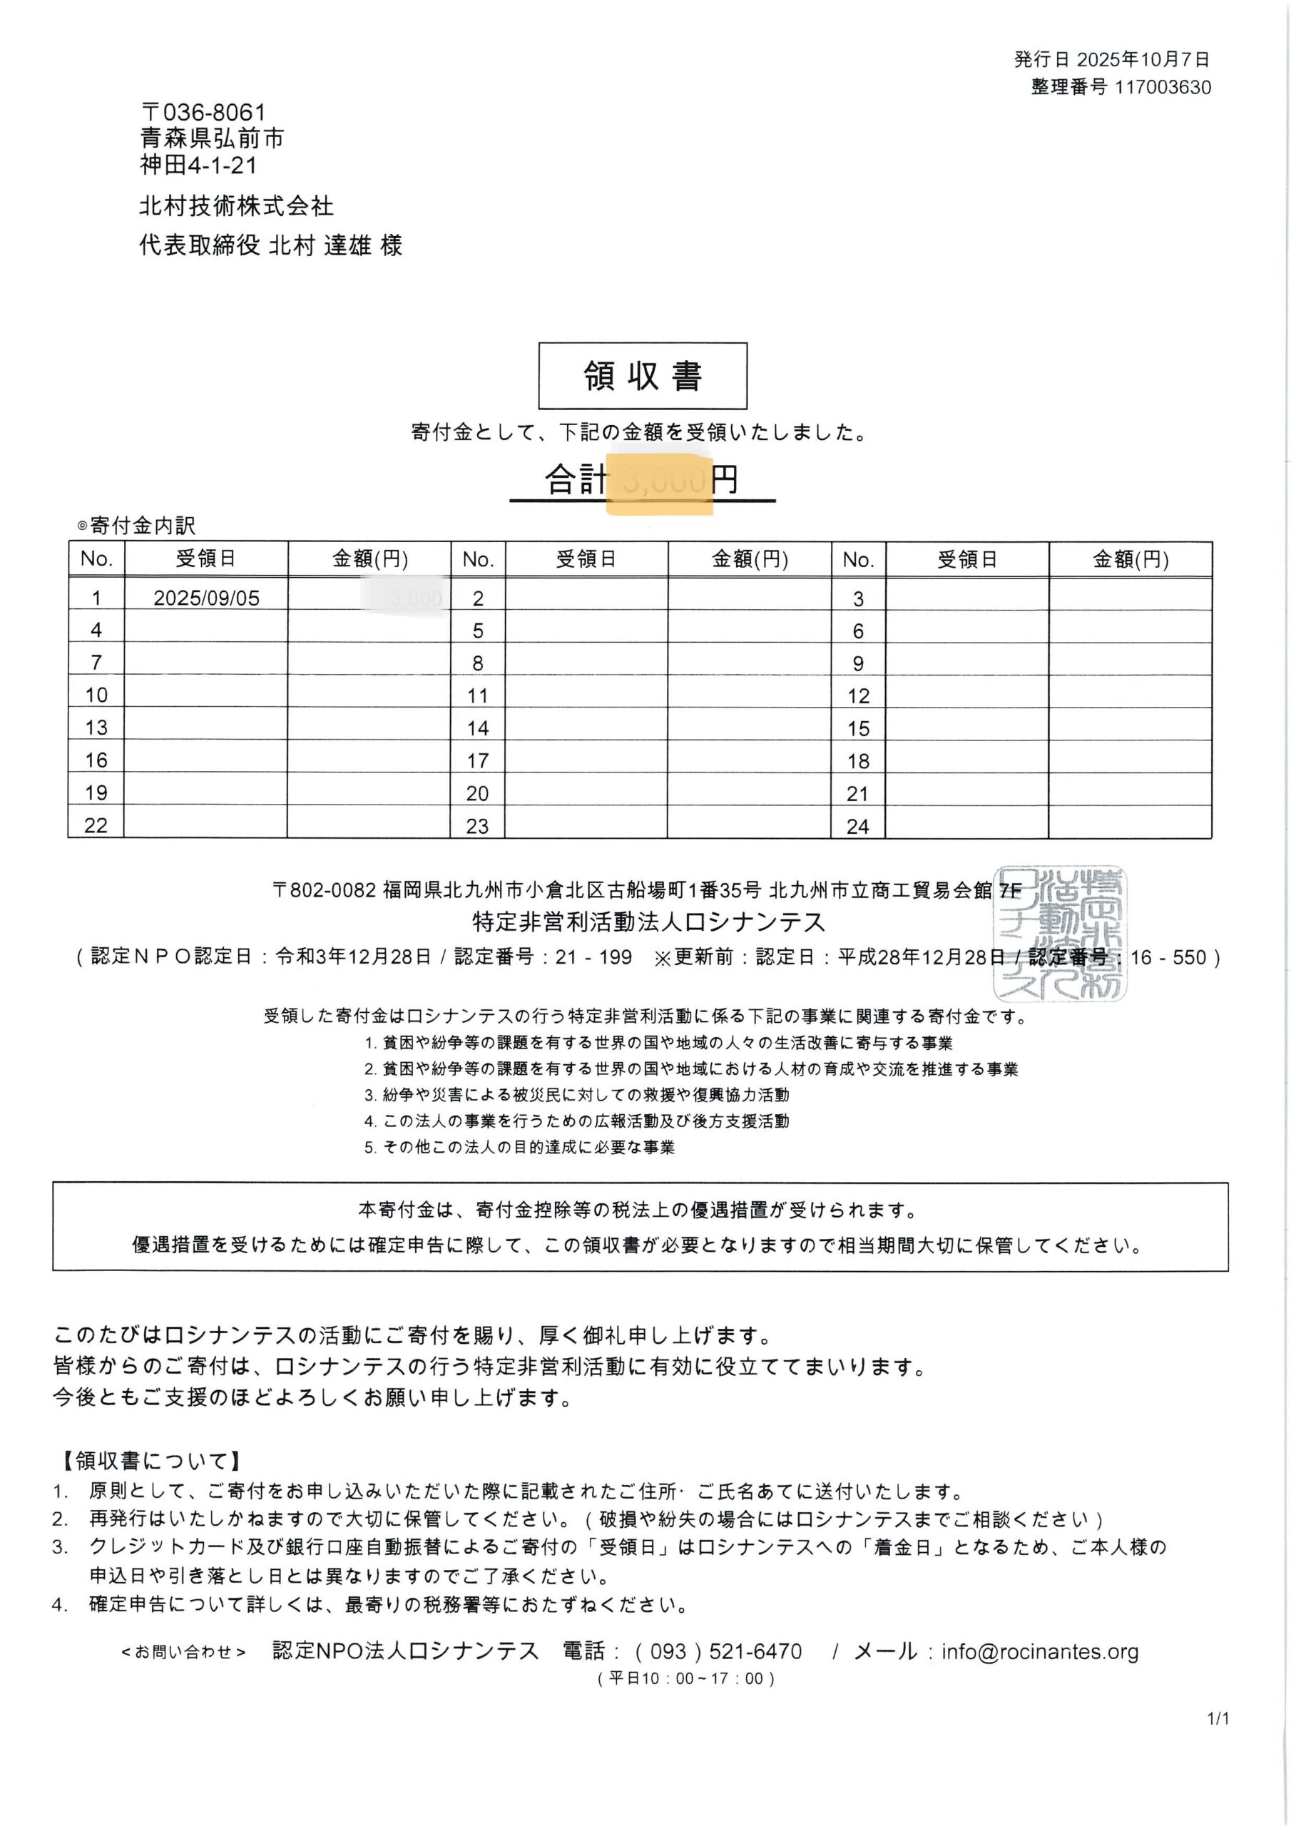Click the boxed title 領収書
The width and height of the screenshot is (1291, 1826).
[x=643, y=375]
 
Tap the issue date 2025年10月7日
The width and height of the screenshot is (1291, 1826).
[x=1142, y=60]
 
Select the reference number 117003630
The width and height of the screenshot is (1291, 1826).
[x=1162, y=88]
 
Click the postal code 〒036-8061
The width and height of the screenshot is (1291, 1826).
[x=203, y=112]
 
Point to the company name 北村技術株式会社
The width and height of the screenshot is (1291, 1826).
[x=236, y=206]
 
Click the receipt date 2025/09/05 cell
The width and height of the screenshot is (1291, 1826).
[x=207, y=598]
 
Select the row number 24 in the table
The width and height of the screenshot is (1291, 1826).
[x=857, y=826]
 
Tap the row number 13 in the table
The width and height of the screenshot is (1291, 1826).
[x=96, y=727]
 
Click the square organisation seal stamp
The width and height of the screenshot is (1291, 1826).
[x=1061, y=932]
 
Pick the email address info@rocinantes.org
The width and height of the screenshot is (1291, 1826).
[x=1040, y=1652]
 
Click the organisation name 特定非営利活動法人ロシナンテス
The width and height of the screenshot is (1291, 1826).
[x=648, y=922]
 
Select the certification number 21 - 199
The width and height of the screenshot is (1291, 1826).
[x=593, y=957]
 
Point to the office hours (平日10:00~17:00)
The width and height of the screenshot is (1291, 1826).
[x=685, y=1678]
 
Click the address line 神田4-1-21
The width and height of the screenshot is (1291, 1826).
[x=199, y=165]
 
